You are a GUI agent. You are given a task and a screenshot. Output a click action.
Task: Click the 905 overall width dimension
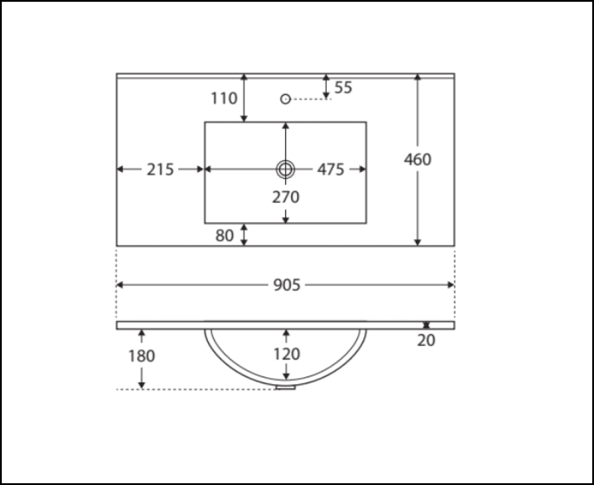coord(286,286)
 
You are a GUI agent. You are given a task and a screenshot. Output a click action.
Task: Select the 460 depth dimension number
coord(418,160)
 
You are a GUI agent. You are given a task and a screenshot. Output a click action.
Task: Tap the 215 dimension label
coord(160,170)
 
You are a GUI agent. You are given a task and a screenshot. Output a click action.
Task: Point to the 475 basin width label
coord(330,170)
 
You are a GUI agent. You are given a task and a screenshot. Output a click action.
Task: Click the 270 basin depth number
coord(286,197)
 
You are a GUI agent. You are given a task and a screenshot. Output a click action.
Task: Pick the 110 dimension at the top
coord(224,99)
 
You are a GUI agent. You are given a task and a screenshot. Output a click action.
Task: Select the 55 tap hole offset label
coord(343,88)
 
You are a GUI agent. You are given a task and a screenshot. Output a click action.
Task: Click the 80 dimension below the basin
coord(225,236)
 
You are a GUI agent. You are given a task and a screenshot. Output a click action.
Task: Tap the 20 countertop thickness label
coord(426,341)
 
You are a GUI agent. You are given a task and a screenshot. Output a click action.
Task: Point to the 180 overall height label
coord(141,356)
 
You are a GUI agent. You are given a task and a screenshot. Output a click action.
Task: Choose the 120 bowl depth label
coord(286,354)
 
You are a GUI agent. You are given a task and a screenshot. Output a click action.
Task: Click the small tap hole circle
coord(285,99)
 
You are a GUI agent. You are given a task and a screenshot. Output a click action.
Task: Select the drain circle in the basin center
coord(286,169)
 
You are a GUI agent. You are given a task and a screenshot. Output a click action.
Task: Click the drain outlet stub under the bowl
coord(286,387)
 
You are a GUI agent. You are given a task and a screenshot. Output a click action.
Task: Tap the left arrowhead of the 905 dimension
coord(119,285)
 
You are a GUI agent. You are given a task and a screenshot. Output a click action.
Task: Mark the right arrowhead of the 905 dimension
coord(451,285)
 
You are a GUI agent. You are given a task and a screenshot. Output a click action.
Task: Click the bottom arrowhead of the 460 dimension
coord(418,242)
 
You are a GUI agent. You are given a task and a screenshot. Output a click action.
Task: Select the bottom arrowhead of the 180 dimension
coord(141,385)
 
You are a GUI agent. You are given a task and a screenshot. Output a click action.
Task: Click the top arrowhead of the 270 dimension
coord(286,126)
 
